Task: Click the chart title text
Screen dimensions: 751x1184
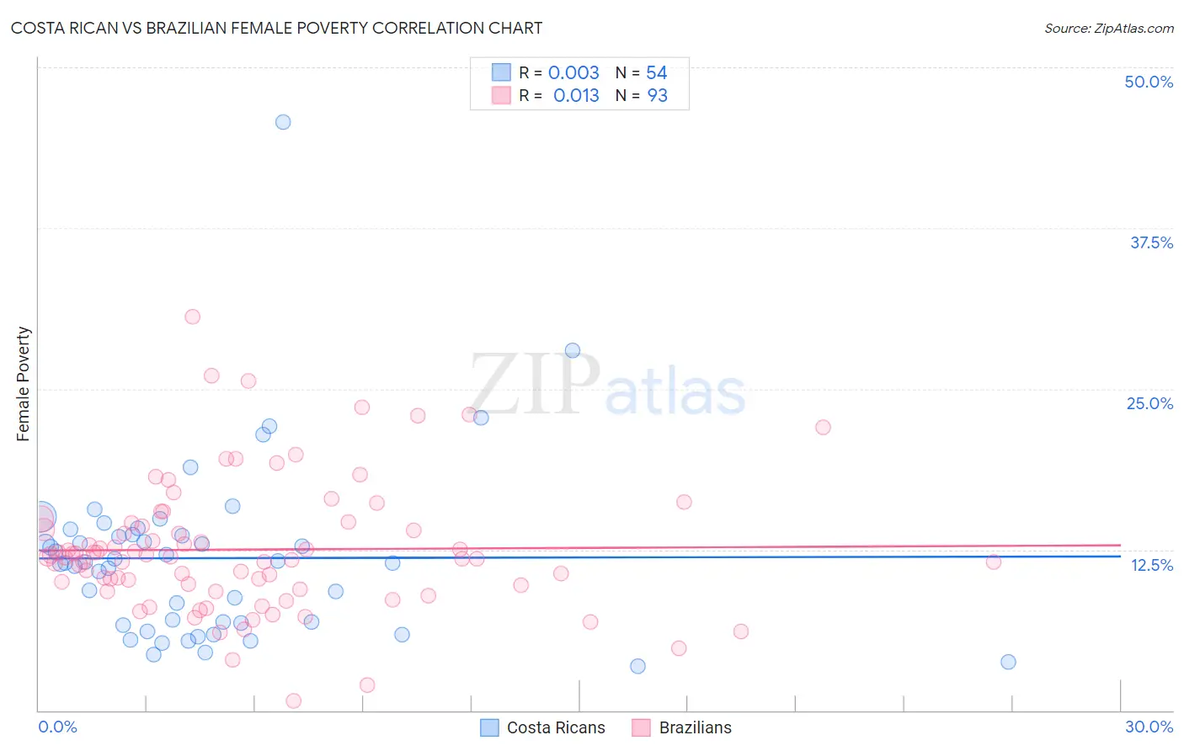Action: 276,28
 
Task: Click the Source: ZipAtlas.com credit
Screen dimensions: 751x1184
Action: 1108,28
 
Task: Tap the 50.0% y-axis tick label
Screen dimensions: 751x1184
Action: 1149,82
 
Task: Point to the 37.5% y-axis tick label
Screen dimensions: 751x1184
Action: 1151,242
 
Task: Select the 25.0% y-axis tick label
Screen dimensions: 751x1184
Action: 1149,403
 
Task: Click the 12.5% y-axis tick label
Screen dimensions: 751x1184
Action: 1151,565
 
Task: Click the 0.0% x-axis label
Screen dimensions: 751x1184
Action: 57,727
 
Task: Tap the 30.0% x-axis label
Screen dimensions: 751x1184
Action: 1149,727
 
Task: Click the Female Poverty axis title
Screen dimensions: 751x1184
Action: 24,384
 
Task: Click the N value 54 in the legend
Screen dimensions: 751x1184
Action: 657,73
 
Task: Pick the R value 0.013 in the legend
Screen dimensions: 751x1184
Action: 576,96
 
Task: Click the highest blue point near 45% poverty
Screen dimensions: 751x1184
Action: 283,122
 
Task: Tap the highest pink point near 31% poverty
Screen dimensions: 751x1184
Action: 193,317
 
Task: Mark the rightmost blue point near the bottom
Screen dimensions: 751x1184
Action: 1008,662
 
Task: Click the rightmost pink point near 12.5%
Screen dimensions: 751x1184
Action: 994,562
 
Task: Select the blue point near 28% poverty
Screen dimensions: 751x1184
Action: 573,350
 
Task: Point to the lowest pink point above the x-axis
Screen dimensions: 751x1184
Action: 294,700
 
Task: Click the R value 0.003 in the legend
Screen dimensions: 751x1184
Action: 573,73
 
